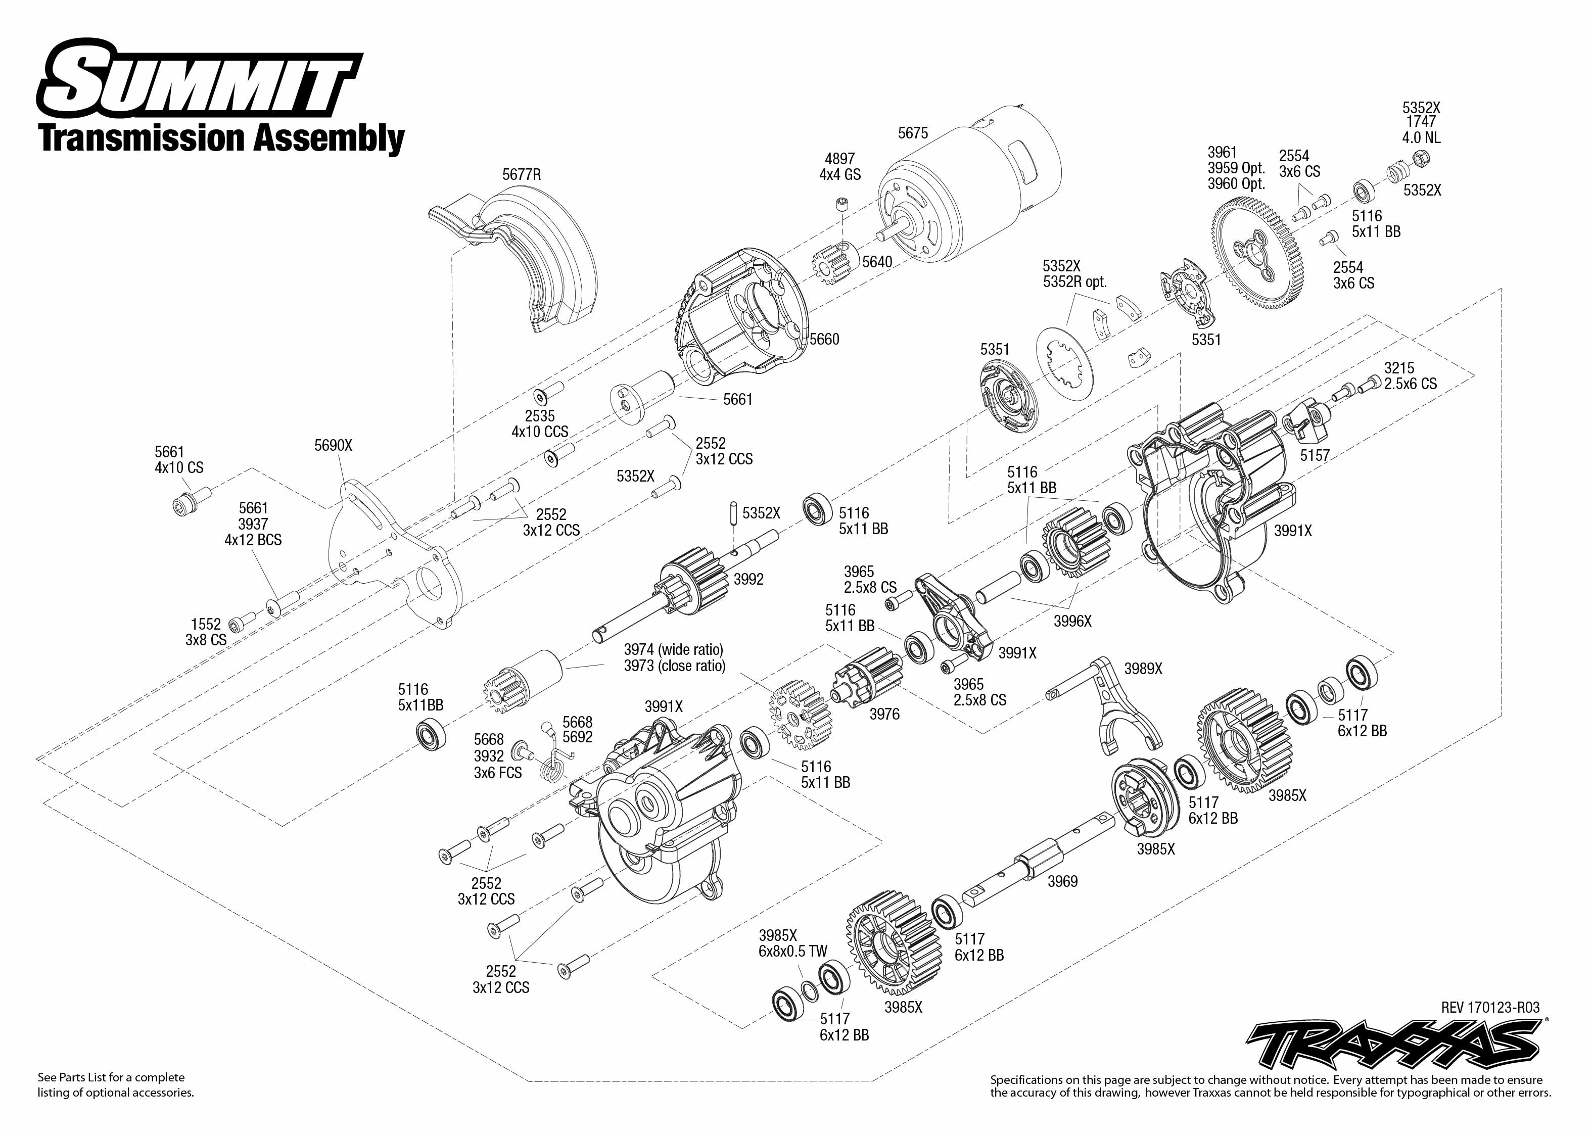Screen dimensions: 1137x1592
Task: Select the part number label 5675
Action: [x=912, y=133]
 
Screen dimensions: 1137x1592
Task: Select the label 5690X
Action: [x=333, y=445]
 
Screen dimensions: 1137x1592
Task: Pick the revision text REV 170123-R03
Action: [x=1490, y=1008]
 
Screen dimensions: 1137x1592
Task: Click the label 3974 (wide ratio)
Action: [x=674, y=650]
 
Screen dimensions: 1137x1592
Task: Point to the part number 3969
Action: [x=1062, y=881]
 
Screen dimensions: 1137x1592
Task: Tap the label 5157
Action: [x=1314, y=455]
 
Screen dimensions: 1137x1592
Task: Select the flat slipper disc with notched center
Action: [x=1063, y=364]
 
